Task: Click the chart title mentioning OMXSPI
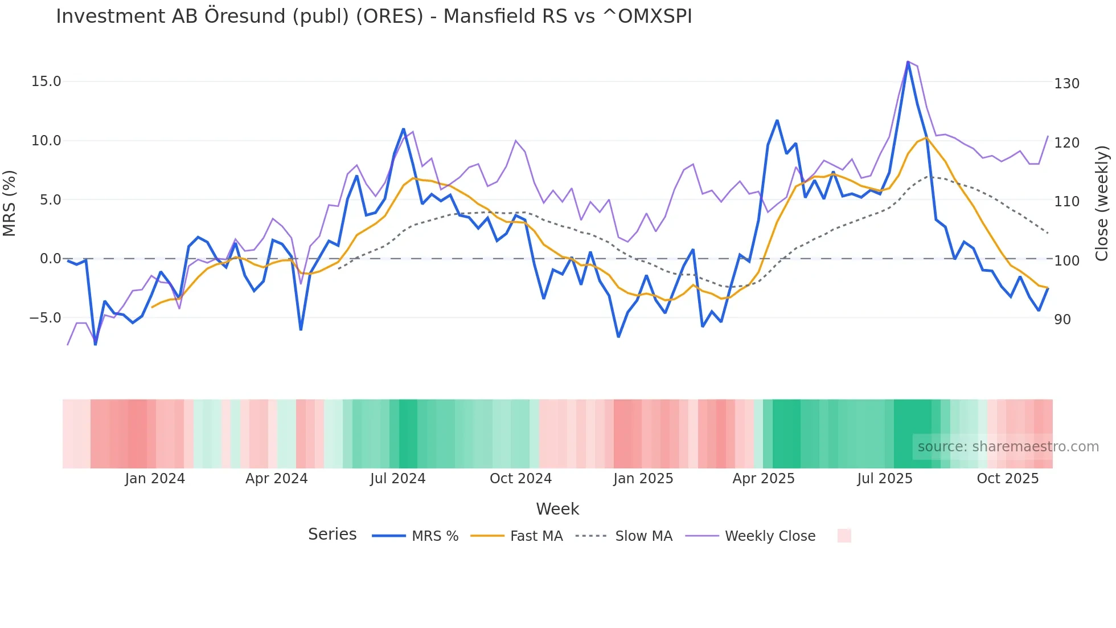click(x=374, y=17)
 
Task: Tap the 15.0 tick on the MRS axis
click(x=46, y=81)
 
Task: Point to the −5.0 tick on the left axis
click(x=45, y=318)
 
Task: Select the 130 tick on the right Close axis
click(x=1066, y=84)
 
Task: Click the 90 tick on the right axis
click(x=1062, y=320)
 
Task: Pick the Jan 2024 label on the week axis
click(x=155, y=479)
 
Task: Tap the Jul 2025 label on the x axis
click(x=884, y=479)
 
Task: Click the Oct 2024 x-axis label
click(x=520, y=479)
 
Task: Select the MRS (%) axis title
click(x=10, y=203)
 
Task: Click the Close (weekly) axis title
click(x=1102, y=203)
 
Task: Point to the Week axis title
click(x=557, y=509)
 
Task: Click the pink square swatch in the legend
click(x=844, y=536)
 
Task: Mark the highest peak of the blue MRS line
click(x=908, y=62)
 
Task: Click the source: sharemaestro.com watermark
click(x=1008, y=447)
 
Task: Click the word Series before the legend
click(x=332, y=535)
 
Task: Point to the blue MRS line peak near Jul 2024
click(x=403, y=129)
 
